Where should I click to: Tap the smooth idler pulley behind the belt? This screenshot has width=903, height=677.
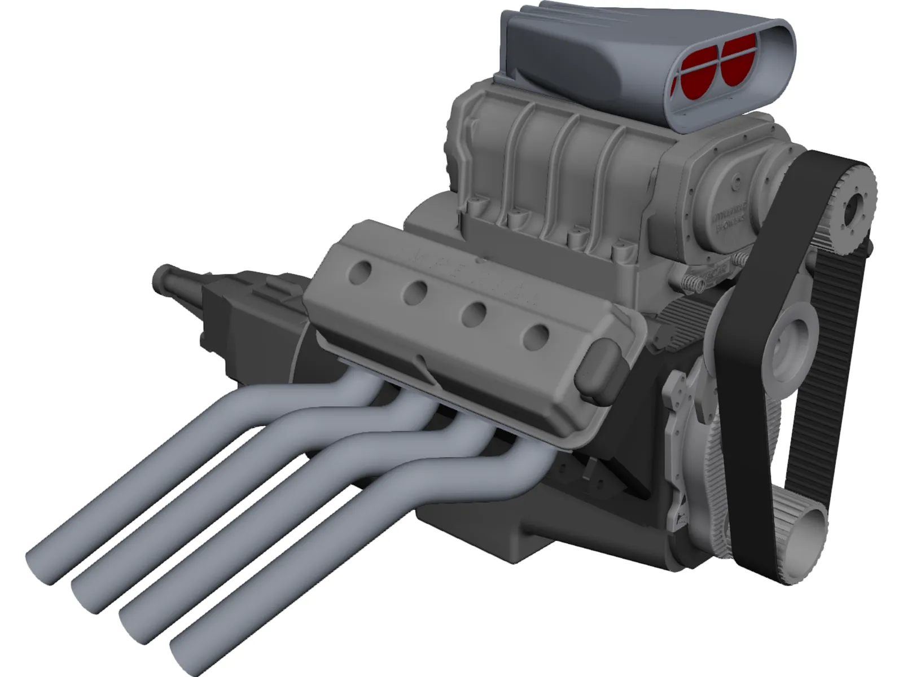coord(790,345)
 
